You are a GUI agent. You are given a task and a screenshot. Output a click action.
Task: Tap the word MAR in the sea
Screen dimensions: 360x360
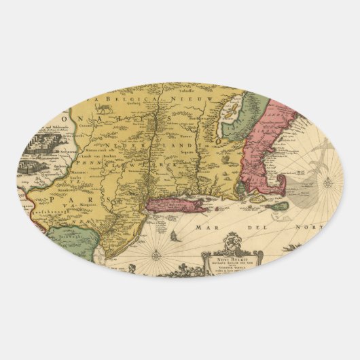(214, 228)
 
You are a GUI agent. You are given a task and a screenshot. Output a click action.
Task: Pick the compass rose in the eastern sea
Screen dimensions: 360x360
(328, 182)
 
